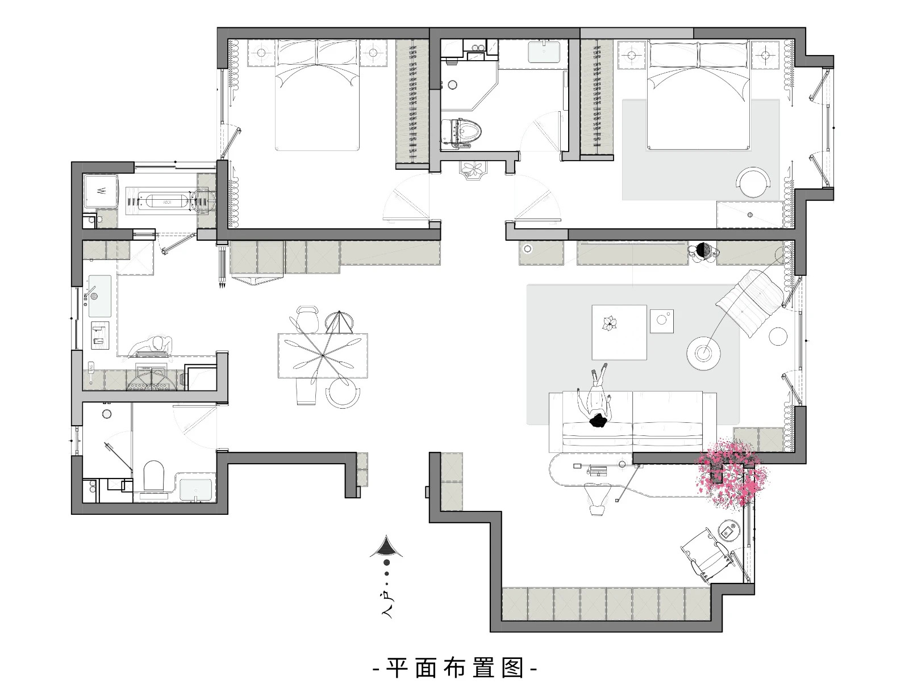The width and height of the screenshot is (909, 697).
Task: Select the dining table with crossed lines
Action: pyautogui.click(x=323, y=356)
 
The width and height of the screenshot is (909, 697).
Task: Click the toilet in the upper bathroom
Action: pyautogui.click(x=461, y=134)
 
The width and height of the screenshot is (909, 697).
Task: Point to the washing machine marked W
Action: pyautogui.click(x=101, y=191)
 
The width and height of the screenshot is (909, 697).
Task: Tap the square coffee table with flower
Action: pyautogui.click(x=619, y=332)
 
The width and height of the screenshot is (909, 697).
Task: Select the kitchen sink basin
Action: pyautogui.click(x=99, y=296)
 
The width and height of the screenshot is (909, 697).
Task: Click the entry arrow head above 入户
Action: pyautogui.click(x=386, y=547)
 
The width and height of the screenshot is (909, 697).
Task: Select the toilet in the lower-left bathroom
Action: pyautogui.click(x=153, y=476)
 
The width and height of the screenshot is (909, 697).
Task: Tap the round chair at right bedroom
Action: pyautogui.click(x=753, y=182)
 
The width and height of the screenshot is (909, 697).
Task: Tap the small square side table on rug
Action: pyautogui.click(x=661, y=321)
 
